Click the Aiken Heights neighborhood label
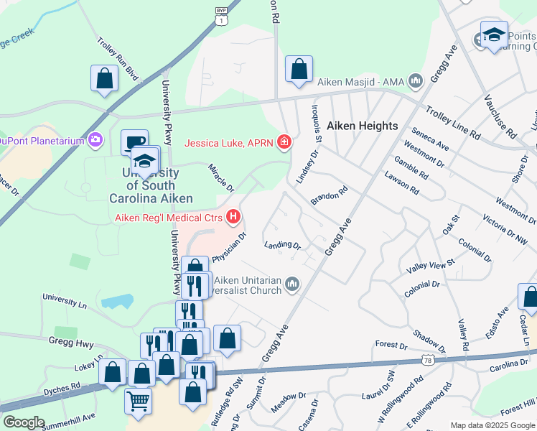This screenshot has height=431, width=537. [362, 126]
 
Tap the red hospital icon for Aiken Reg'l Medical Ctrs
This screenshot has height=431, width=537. [233, 215]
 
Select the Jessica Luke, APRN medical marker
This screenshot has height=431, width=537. [285, 142]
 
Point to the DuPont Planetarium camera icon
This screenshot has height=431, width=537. [95, 140]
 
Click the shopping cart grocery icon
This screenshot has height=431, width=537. [138, 399]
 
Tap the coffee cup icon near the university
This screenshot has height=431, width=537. [134, 142]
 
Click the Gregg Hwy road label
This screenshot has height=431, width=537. [68, 339]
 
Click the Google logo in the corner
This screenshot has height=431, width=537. [24, 422]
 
